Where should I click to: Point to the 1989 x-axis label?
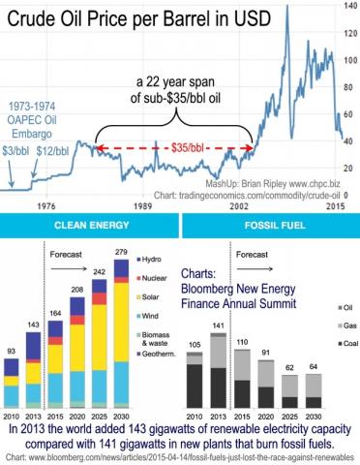point(145,206)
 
